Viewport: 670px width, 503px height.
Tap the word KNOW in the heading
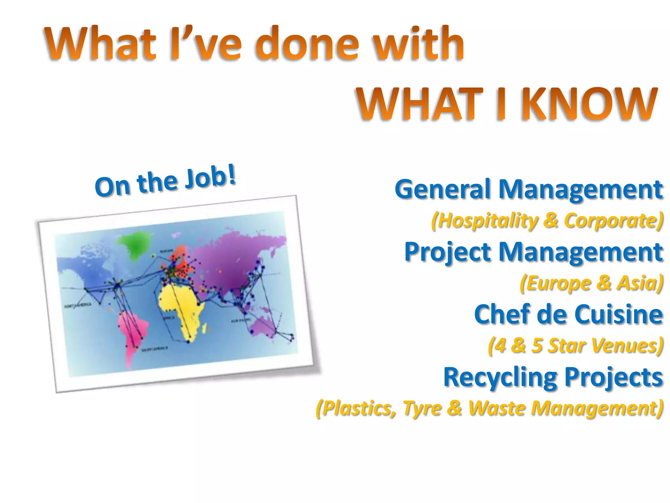589,104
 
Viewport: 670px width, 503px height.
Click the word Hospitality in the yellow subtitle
487,220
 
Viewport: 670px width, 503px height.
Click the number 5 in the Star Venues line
537,345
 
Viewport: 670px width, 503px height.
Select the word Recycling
501,378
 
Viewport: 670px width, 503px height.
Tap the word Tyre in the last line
422,409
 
